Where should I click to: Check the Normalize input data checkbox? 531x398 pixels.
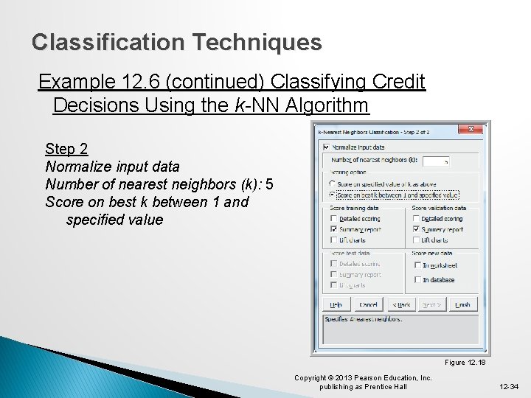[327, 147]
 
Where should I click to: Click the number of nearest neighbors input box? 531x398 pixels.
[436, 160]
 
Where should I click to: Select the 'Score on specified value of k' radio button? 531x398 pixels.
[333, 184]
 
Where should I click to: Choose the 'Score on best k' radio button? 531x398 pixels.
[333, 195]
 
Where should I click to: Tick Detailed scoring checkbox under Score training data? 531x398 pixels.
[335, 219]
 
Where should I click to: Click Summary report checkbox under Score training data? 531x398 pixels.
[335, 229]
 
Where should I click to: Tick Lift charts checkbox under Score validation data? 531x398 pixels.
[417, 240]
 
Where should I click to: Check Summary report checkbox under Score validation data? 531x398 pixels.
[417, 229]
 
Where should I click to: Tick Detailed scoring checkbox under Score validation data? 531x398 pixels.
[417, 219]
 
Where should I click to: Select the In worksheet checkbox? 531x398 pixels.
[417, 265]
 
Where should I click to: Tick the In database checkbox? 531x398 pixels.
[417, 280]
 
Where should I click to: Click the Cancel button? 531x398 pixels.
[368, 304]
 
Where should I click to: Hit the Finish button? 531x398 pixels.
[462, 304]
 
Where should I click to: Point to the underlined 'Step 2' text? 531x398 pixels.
[66, 149]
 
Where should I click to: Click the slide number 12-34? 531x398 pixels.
[508, 386]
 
